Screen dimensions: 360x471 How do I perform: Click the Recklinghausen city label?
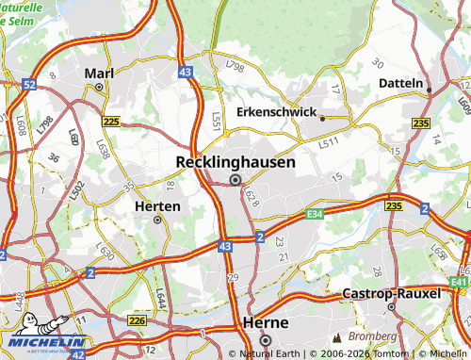[x=235, y=162]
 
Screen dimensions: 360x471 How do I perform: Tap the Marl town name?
[x=99, y=73]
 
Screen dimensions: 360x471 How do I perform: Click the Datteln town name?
[x=400, y=83]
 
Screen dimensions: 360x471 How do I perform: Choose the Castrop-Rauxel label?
[x=392, y=294]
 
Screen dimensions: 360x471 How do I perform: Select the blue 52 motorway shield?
[x=29, y=85]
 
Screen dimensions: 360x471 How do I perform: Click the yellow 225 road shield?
[x=112, y=123]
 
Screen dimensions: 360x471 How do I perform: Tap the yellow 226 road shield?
[x=137, y=321]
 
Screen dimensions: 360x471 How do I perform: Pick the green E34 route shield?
[x=315, y=215]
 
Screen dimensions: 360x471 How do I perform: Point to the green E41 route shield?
[x=459, y=282]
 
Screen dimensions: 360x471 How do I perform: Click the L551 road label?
[x=218, y=121]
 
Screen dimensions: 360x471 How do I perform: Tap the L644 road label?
[x=160, y=299]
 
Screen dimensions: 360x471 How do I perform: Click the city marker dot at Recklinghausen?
[x=235, y=179]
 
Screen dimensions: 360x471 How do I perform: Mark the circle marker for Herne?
[x=266, y=340]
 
